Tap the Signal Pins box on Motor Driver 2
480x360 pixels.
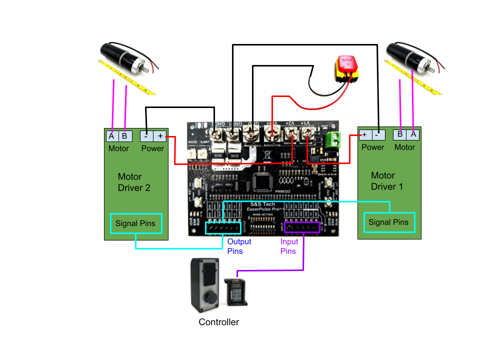pyautogui.click(x=135, y=223)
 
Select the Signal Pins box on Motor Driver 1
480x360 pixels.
pyautogui.click(x=388, y=222)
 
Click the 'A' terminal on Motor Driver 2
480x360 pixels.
pyautogui.click(x=111, y=136)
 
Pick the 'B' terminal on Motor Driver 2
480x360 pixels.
pyautogui.click(x=124, y=136)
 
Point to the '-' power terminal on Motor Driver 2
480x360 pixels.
pyautogui.click(x=146, y=136)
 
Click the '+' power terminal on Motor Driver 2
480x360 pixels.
pyautogui.click(x=160, y=136)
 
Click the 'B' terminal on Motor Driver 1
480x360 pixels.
pyautogui.click(x=400, y=134)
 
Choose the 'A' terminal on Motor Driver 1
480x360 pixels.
pyautogui.click(x=413, y=134)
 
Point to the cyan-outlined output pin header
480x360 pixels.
pyautogui.click(x=223, y=228)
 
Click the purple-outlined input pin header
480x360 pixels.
pyautogui.click(x=302, y=227)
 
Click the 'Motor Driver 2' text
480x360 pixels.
pyautogui.click(x=134, y=182)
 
